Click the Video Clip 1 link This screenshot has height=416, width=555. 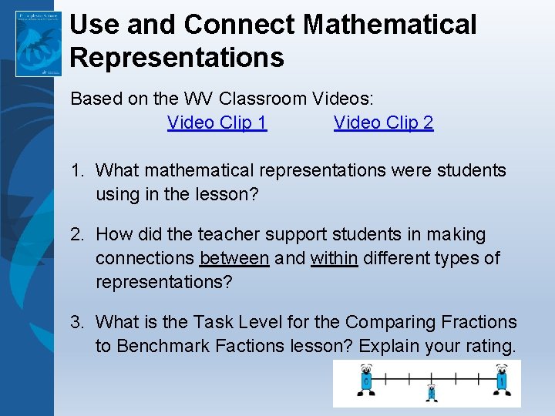[217, 122]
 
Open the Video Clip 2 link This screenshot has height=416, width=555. [383, 122]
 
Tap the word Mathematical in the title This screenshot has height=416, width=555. [389, 25]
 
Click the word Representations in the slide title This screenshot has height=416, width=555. [177, 57]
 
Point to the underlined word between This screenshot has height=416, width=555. [234, 258]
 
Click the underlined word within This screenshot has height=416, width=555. [334, 258]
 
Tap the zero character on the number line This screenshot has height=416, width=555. [366, 381]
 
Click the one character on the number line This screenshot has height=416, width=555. [502, 381]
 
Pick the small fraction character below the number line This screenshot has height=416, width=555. [432, 394]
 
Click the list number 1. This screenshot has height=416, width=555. [77, 170]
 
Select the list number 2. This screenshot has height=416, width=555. [77, 234]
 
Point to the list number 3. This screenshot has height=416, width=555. [77, 322]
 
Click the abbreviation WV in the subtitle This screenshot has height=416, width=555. [197, 99]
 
